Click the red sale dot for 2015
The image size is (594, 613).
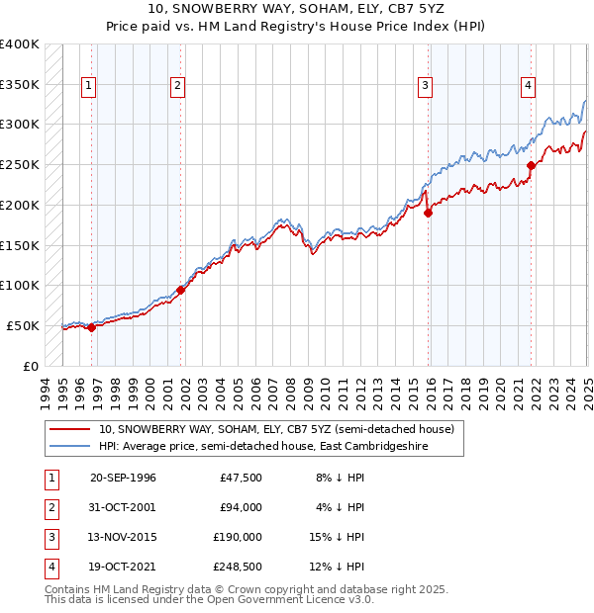(429, 212)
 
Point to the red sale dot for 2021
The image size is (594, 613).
(532, 165)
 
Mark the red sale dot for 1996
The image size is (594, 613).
(91, 327)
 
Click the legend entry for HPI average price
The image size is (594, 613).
(281, 446)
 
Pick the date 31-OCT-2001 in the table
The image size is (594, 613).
(123, 507)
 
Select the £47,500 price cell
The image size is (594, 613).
(238, 478)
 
